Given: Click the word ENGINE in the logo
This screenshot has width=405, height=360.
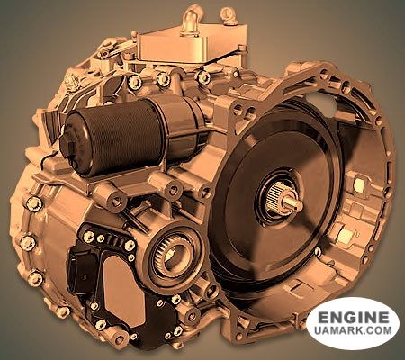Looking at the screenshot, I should tap(352, 318).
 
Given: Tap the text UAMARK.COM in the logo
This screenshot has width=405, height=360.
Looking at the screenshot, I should tap(352, 333).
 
